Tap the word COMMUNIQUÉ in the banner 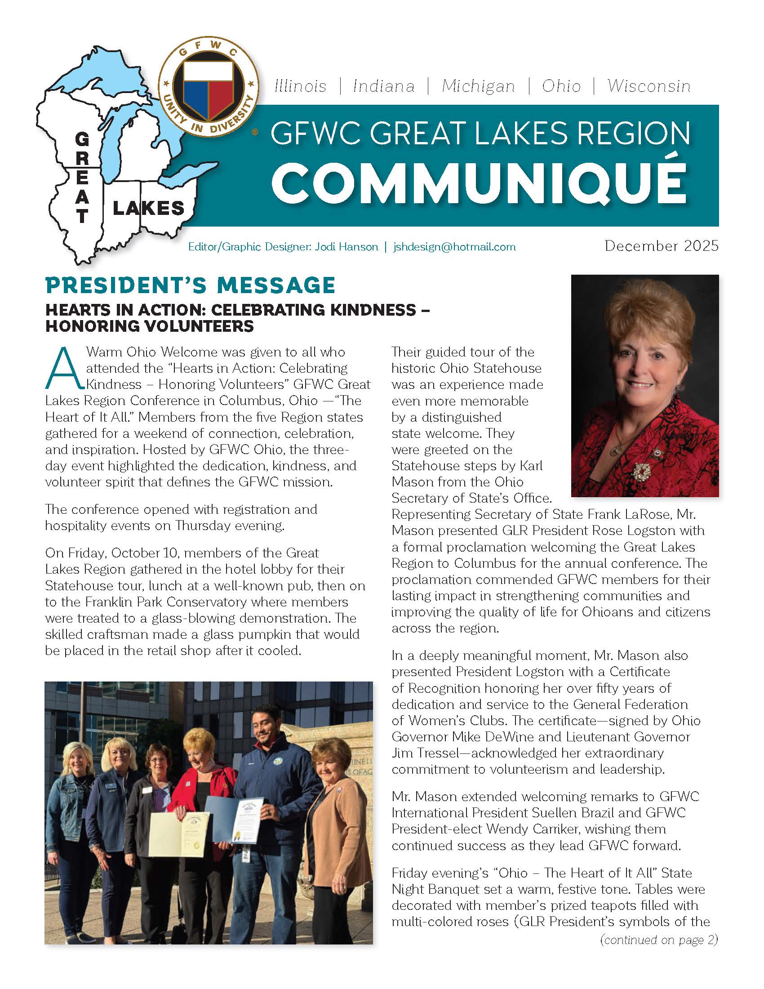point(479,182)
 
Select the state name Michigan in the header point(479,86)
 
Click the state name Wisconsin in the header point(649,86)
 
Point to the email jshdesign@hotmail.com point(454,247)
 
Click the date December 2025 point(661,246)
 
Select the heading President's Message point(190,285)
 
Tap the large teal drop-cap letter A point(65,368)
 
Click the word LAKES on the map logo point(148,208)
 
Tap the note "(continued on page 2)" point(658,940)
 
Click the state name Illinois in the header point(301,86)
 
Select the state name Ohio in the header point(561,86)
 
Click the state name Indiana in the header point(384,86)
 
